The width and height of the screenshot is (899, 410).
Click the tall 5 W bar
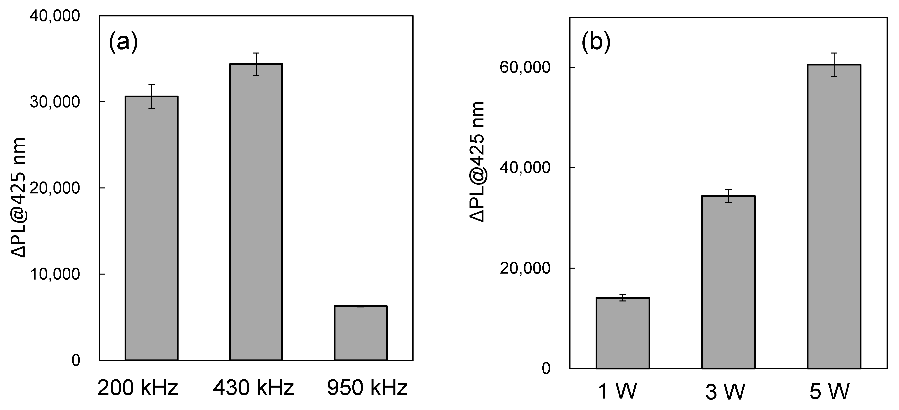834,217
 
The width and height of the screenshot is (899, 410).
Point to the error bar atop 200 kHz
151,96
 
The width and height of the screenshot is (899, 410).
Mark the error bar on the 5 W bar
834,65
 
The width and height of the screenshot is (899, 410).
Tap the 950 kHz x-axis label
367,388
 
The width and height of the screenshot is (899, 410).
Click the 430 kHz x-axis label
253,388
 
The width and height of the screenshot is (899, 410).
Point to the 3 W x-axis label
725,392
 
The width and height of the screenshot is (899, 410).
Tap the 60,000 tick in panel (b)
525,67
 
